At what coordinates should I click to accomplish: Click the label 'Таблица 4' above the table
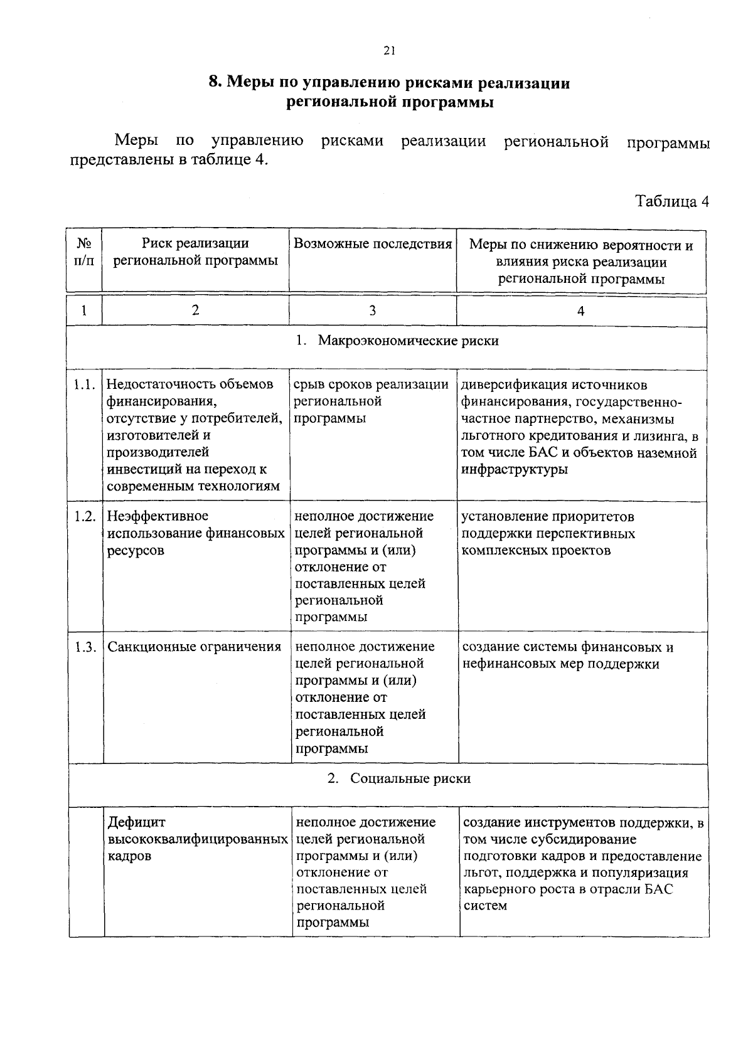pyautogui.click(x=671, y=201)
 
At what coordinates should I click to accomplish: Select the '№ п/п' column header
pyautogui.click(x=83, y=252)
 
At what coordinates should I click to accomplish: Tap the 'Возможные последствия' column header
pyautogui.click(x=373, y=244)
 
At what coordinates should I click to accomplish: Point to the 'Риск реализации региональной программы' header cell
pyautogui.click(x=195, y=252)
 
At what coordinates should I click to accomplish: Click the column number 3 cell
pyautogui.click(x=373, y=310)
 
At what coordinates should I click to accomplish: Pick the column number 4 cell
pyautogui.click(x=581, y=311)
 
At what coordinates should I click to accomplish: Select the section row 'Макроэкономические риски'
pyautogui.click(x=398, y=341)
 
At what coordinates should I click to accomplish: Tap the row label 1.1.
pyautogui.click(x=84, y=384)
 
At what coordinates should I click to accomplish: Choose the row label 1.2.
pyautogui.click(x=84, y=516)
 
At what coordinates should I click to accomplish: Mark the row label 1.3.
pyautogui.click(x=85, y=647)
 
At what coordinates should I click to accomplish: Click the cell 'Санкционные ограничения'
pyautogui.click(x=195, y=647)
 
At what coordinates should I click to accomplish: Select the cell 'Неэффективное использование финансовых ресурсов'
pyautogui.click(x=195, y=533)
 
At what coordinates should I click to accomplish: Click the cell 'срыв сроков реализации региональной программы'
pyautogui.click(x=371, y=401)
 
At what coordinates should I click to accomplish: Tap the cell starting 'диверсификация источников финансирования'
pyautogui.click(x=580, y=427)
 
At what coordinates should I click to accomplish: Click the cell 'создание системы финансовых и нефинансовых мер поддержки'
pyautogui.click(x=568, y=655)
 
